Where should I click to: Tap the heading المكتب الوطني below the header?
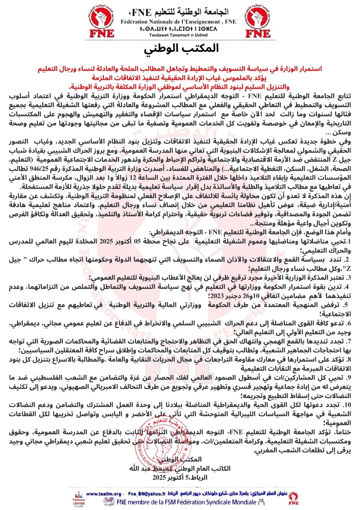point(180,48)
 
